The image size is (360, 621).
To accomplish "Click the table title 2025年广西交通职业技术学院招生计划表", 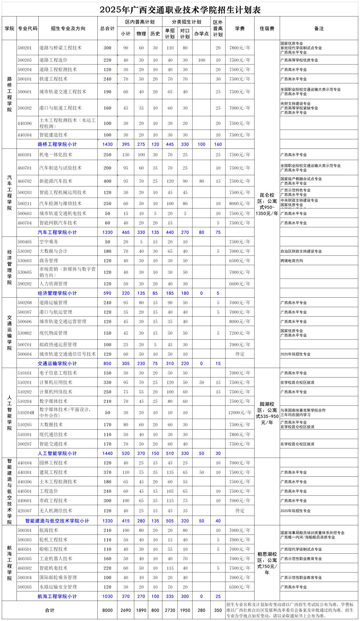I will point(180,9).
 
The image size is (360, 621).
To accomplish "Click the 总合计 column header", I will point(107,28).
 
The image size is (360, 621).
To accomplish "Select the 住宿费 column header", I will point(267,28).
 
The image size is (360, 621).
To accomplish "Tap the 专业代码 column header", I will point(27,28).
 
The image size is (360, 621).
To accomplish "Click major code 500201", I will point(25,48).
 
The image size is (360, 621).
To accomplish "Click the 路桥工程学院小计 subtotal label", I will point(57,144).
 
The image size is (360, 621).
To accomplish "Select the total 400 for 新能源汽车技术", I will point(107,181).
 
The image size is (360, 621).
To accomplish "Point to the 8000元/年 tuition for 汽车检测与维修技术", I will point(240,204).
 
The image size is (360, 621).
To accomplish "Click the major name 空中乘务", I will point(49,242).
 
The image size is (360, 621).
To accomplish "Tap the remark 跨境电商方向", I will point(292,261).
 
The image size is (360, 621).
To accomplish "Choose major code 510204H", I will point(26,413).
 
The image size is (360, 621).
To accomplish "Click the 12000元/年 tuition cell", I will point(240,413).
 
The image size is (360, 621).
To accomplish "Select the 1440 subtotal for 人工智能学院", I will point(107,454).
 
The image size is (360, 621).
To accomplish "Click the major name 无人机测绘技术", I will point(56,511).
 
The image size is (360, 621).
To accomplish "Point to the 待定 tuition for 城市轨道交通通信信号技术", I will point(240,354).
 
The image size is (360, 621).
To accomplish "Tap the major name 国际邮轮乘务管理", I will point(58,577).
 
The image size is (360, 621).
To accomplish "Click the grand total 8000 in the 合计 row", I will point(107,610).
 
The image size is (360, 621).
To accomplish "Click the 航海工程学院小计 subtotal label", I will point(57,596).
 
